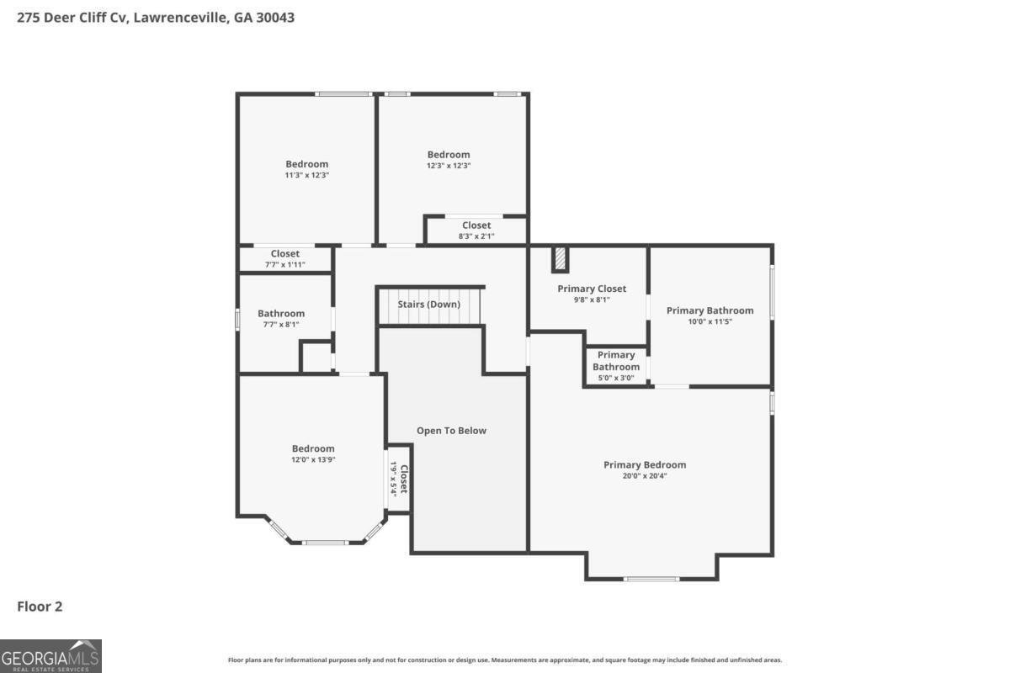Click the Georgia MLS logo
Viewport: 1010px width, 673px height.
pos(50,655)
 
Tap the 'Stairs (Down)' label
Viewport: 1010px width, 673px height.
pos(429,304)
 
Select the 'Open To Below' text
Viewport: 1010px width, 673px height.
pos(451,431)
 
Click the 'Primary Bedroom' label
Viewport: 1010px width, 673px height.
pos(645,464)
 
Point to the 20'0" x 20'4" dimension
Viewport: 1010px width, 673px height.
pos(645,476)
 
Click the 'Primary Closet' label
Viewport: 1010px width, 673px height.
pos(592,289)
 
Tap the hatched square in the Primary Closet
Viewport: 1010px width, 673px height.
pos(560,259)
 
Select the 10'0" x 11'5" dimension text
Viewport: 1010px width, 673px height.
pos(710,321)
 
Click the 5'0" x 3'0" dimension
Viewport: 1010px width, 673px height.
pos(615,378)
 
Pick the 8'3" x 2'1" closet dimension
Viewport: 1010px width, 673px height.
pos(476,236)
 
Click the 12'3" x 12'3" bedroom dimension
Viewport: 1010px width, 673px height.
pos(449,166)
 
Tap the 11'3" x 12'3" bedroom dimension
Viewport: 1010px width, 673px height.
pos(306,175)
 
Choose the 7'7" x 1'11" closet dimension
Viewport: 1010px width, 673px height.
pos(285,265)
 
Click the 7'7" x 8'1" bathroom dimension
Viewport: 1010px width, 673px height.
pos(281,325)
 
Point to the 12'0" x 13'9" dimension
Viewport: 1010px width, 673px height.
pos(313,460)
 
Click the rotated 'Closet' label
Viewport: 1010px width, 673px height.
pos(404,479)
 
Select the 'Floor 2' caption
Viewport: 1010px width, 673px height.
pos(40,606)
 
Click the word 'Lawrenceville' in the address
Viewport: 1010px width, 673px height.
pos(179,17)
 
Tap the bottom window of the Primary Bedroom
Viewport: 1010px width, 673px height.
pos(651,579)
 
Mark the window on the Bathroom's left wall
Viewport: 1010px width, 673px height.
pos(238,319)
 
